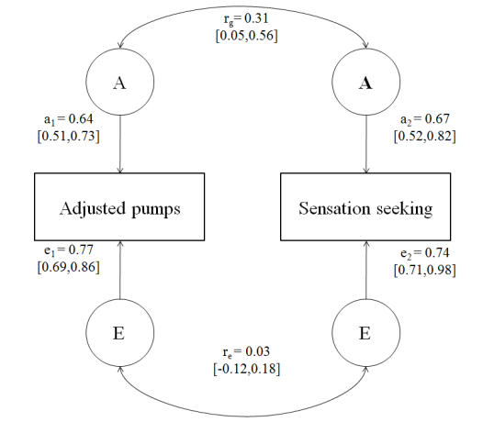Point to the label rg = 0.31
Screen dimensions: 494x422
[x=246, y=19]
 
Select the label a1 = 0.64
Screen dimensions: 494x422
[x=68, y=119]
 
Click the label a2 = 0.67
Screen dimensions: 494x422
[x=425, y=119]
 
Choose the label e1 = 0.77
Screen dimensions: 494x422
[x=68, y=250]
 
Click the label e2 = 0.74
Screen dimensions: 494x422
[x=425, y=253]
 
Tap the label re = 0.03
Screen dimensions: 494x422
[x=246, y=352]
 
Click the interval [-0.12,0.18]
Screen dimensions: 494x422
[x=246, y=369]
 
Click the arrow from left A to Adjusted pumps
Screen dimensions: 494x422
[x=120, y=144]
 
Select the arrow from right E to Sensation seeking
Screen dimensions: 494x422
[x=366, y=270]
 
